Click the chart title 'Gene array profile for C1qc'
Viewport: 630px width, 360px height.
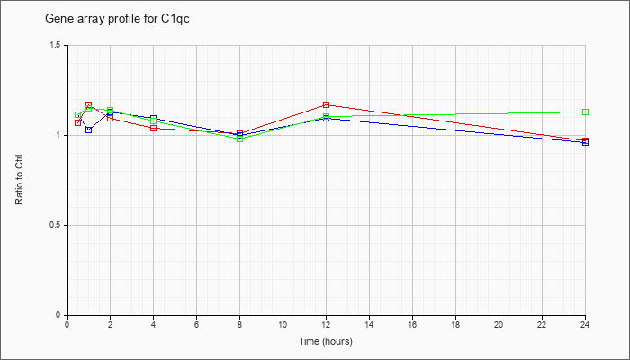coord(117,19)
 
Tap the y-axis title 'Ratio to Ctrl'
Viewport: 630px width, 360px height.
coord(19,180)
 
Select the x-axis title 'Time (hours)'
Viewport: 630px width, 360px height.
coord(326,341)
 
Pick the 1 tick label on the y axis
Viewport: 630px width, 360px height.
coord(58,135)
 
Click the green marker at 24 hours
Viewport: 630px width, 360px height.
coord(585,112)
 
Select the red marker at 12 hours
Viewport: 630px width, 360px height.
coord(326,105)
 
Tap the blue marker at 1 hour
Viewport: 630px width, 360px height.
coord(89,130)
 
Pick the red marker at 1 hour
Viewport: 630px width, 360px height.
coord(89,105)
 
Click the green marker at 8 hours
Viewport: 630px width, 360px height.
coord(240,139)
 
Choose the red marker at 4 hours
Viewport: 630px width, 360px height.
coord(154,128)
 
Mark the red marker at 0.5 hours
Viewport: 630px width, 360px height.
coord(78,122)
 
